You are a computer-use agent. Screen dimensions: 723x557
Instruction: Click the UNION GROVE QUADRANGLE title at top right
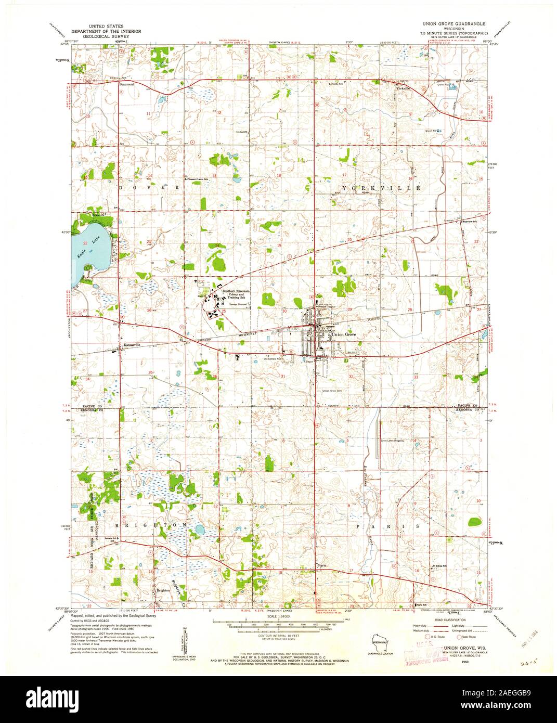451,24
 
